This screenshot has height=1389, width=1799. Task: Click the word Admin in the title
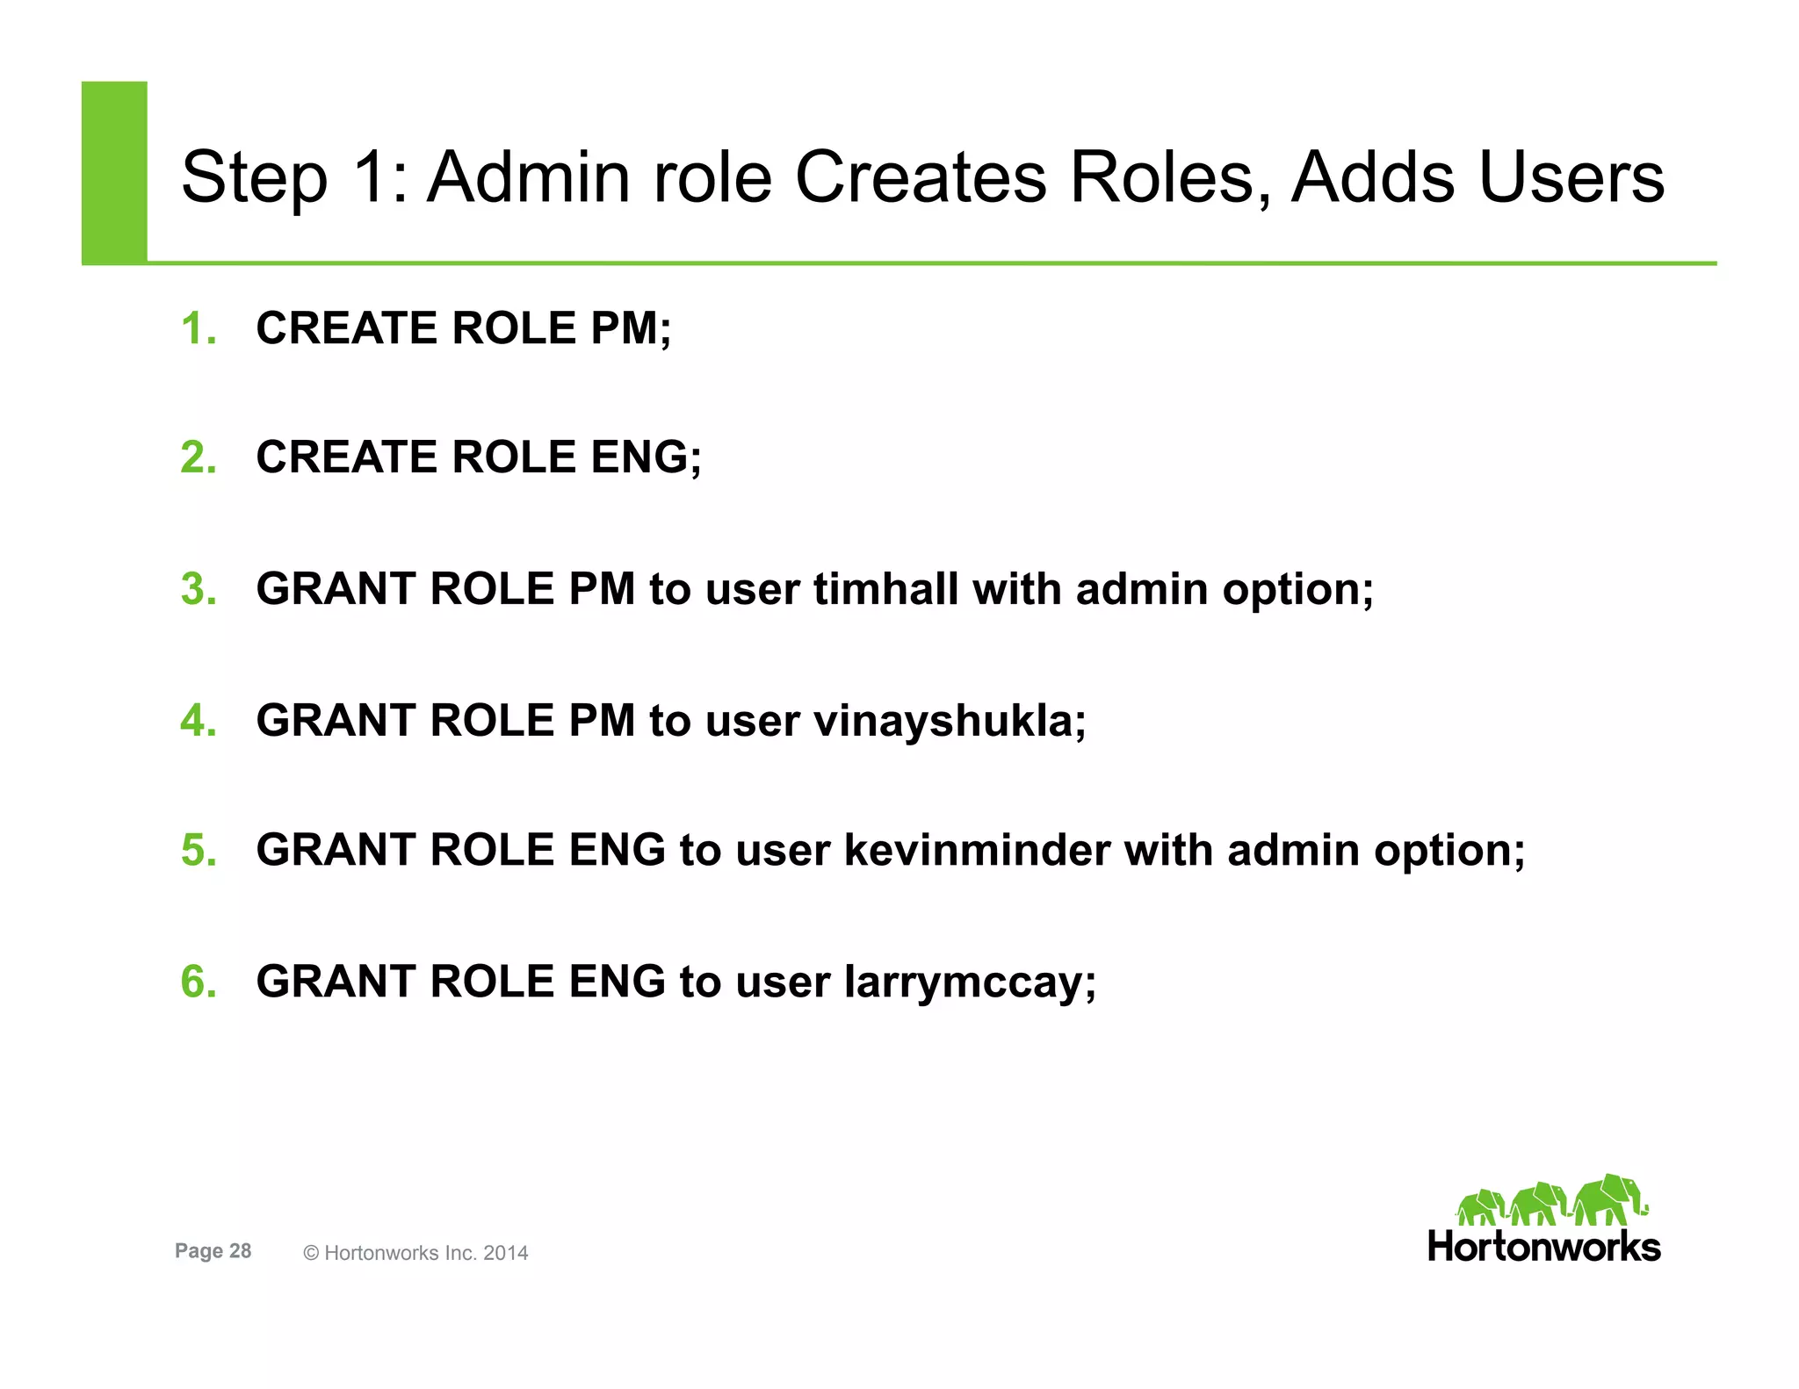[x=528, y=177]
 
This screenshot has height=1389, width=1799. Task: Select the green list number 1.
[x=198, y=329]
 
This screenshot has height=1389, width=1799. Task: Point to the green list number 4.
[x=198, y=721]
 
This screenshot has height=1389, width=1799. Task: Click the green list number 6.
[x=198, y=982]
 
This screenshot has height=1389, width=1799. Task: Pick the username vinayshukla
[x=949, y=722]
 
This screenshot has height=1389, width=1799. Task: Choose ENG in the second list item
[x=645, y=458]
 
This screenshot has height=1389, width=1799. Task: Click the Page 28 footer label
[x=213, y=1251]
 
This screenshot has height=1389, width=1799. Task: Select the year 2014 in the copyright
[x=505, y=1253]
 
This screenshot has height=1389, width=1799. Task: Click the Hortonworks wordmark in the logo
[x=1543, y=1247]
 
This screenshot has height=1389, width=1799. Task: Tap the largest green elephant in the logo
[x=1609, y=1199]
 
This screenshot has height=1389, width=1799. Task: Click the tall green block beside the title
[x=114, y=172]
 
